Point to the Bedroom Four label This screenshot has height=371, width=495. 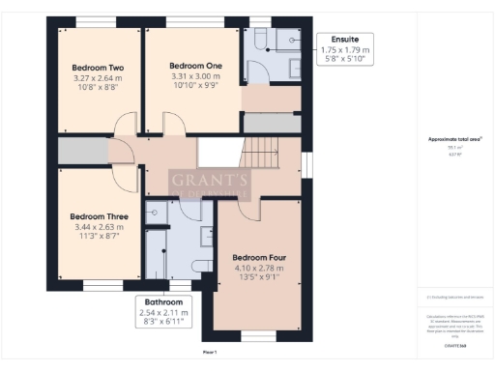pos(258,258)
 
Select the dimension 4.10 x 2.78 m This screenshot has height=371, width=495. pos(258,269)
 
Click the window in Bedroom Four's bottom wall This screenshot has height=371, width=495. pos(257,334)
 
